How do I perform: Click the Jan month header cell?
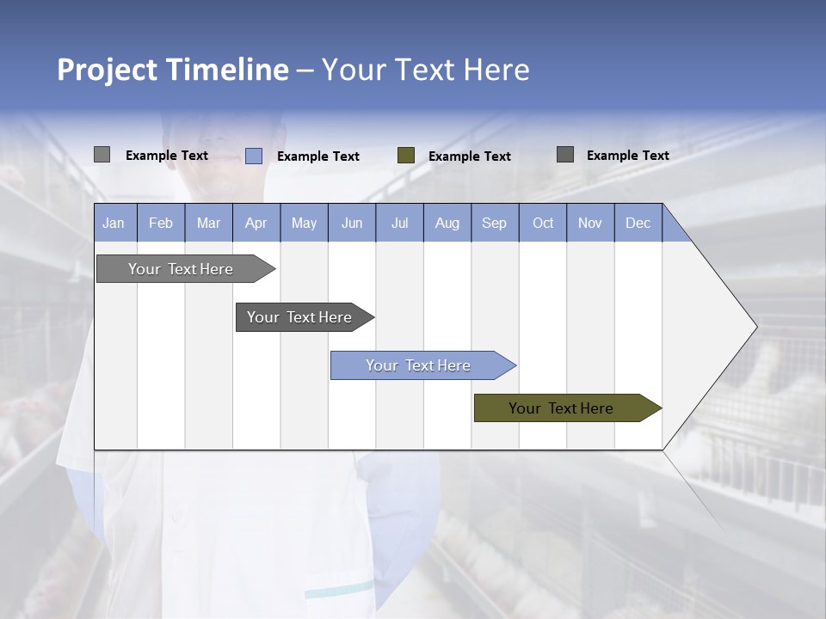[114, 223]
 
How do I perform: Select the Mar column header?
[208, 223]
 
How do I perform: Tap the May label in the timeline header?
[304, 223]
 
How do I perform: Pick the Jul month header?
[399, 223]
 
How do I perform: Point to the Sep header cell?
[494, 223]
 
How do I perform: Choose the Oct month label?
[543, 223]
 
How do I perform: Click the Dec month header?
[638, 223]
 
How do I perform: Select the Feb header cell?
[161, 223]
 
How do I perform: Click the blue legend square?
[254, 156]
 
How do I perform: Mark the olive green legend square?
[406, 156]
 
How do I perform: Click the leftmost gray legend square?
[102, 155]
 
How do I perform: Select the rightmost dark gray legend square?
[565, 155]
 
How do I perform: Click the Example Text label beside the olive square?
[470, 156]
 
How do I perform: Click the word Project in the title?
[107, 70]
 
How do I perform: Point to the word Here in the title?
[496, 70]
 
